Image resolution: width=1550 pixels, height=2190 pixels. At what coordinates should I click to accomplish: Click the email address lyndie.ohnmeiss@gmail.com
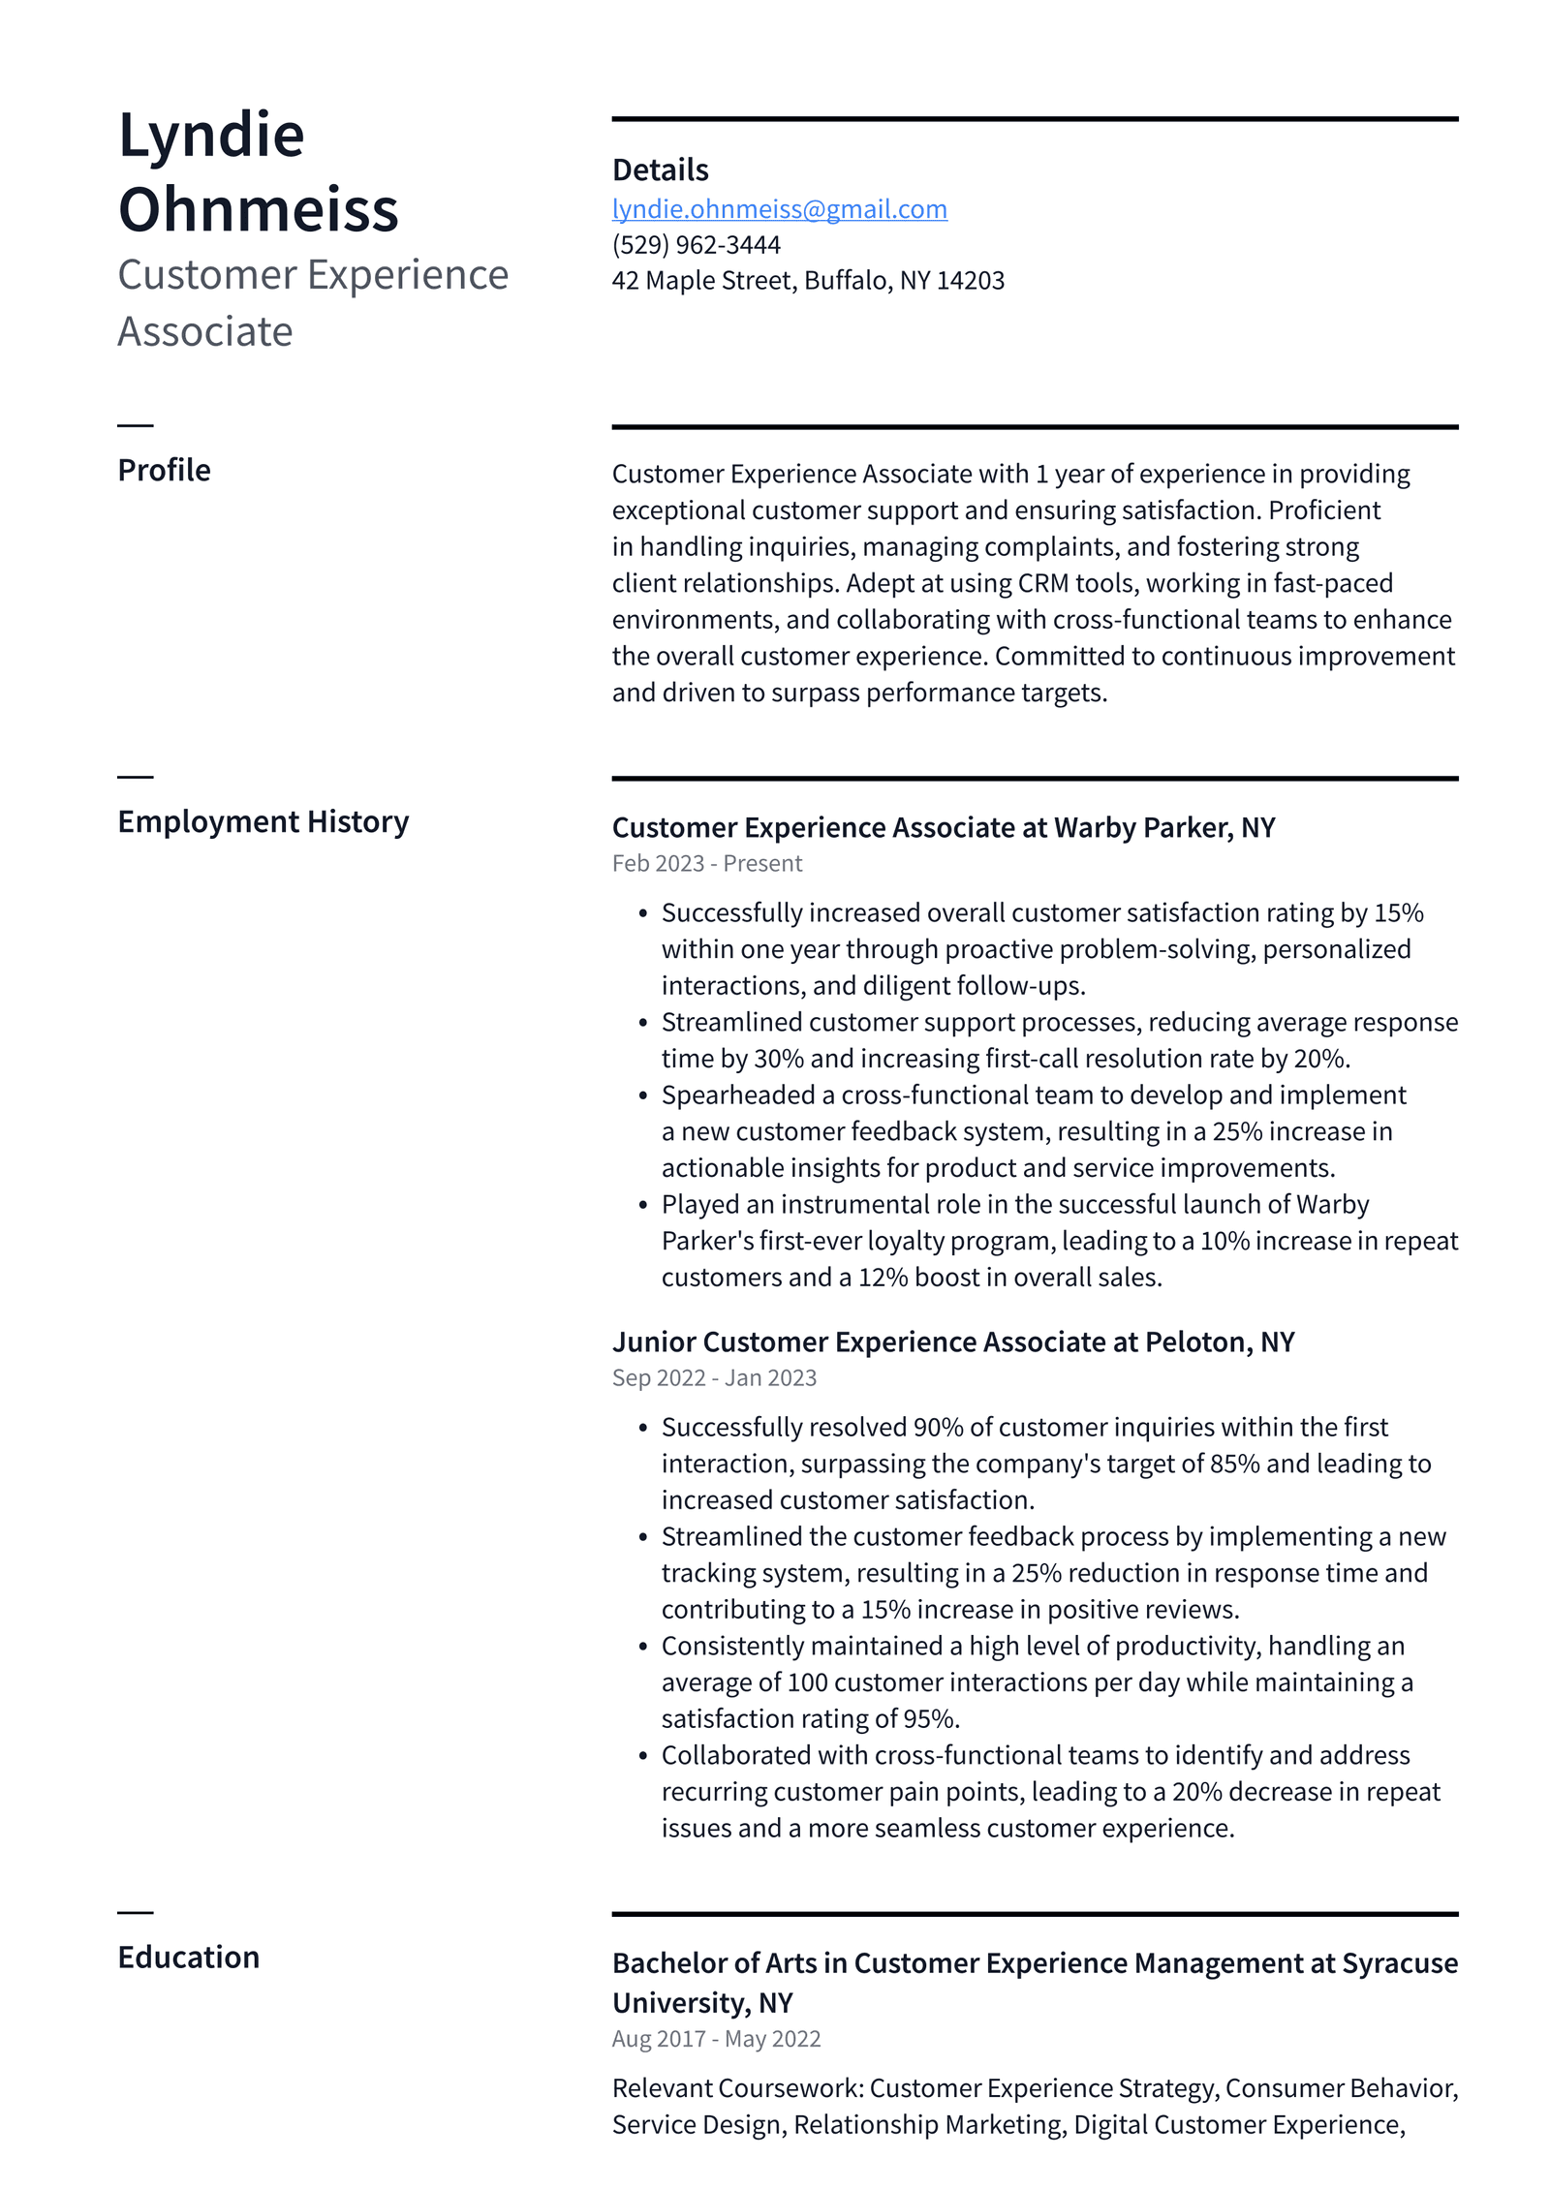tap(779, 209)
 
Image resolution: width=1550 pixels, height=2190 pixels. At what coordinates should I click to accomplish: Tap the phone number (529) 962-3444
tap(696, 245)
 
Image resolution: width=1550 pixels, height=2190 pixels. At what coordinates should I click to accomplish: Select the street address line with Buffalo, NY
tap(808, 281)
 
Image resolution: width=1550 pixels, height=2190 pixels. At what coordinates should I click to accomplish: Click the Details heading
tap(660, 170)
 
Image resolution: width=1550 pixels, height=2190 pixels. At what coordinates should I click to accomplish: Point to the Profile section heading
tap(164, 470)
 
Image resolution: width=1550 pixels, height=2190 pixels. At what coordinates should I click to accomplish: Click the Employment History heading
tap(263, 821)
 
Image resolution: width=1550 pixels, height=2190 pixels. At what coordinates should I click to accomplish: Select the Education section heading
tap(188, 1957)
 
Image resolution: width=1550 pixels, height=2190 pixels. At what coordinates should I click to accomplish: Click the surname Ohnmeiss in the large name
tap(258, 210)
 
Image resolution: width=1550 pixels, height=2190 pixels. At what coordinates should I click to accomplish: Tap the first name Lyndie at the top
tap(211, 135)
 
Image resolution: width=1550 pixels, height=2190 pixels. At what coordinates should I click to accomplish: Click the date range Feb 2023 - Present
tap(706, 863)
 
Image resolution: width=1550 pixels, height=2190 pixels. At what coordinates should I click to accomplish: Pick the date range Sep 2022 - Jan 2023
tap(714, 1377)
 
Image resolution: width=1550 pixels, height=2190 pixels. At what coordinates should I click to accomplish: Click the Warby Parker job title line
tap(943, 827)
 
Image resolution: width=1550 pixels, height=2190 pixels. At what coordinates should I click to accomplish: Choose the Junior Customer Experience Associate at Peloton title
tap(952, 1342)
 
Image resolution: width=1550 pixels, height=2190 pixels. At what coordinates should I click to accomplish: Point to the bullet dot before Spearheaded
tap(642, 1096)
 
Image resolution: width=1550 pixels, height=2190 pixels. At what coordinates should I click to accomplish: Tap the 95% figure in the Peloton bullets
tap(930, 1718)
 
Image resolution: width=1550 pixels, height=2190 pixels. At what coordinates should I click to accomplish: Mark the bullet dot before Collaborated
tap(642, 1756)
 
